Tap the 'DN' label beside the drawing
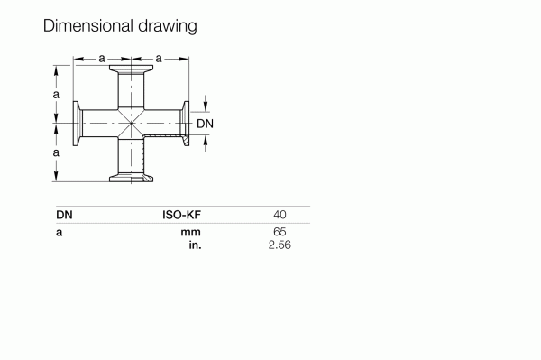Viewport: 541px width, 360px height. point(206,124)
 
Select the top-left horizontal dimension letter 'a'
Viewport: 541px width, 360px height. point(102,59)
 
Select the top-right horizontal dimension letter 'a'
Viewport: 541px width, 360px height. point(159,59)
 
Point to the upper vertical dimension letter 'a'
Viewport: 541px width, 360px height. point(56,94)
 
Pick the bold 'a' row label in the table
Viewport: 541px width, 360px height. point(59,233)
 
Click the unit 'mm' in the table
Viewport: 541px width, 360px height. point(190,233)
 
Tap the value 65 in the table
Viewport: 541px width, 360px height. point(280,233)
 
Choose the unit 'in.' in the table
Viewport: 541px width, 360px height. point(193,245)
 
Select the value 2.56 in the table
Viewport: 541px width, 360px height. point(280,245)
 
